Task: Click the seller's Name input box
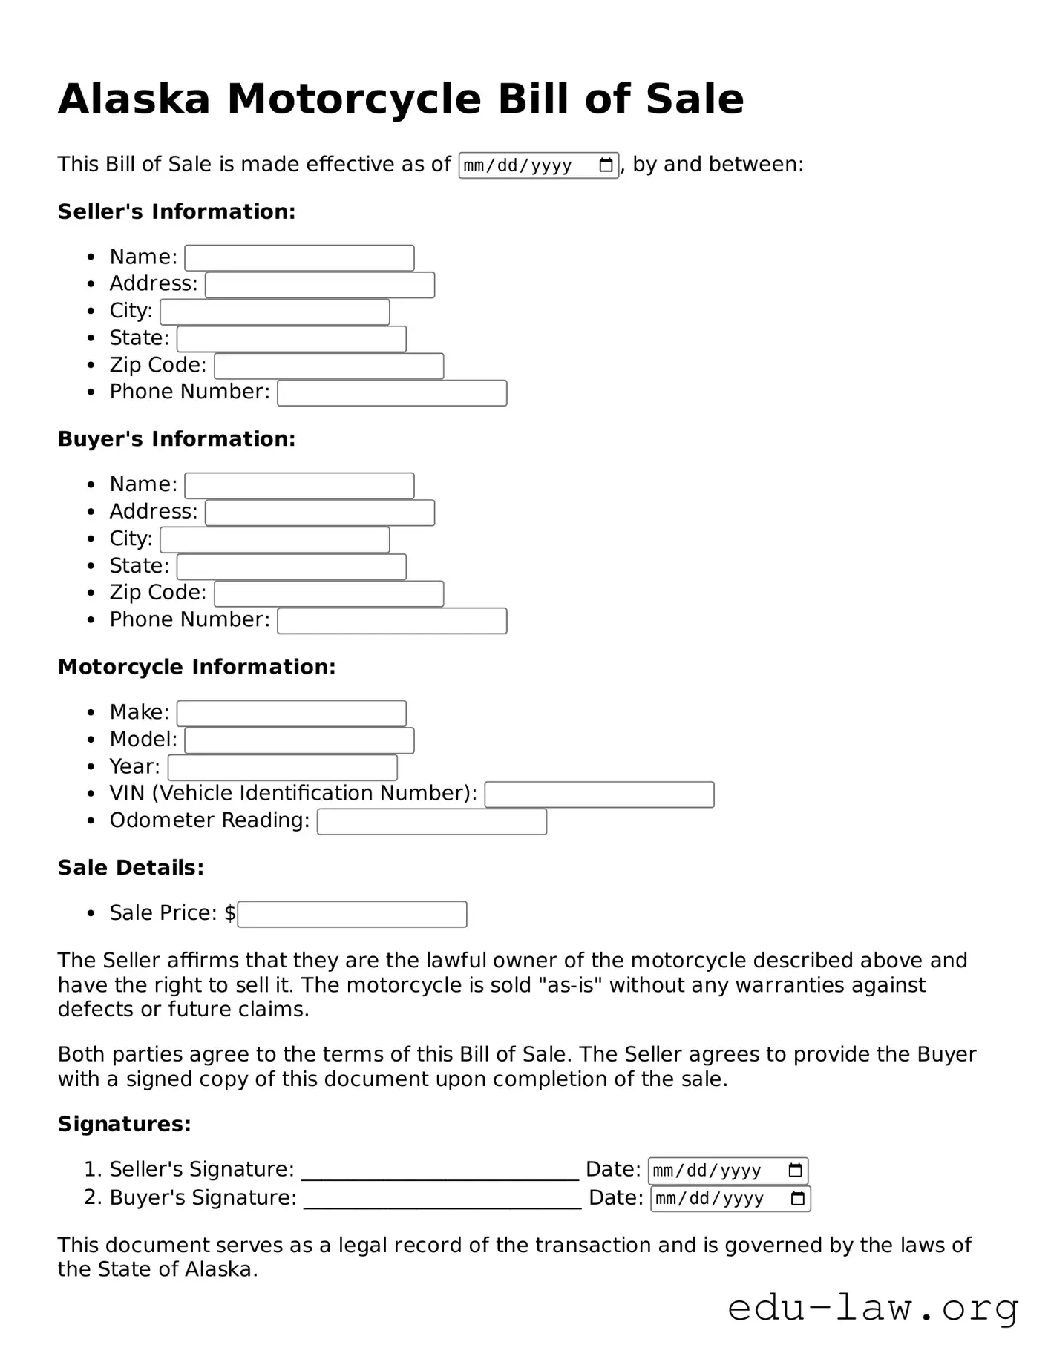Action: coord(299,258)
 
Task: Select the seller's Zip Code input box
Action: coord(329,366)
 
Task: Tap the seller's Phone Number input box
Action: coord(392,393)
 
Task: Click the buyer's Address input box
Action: coord(320,513)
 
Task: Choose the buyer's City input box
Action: coord(275,540)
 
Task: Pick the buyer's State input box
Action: coord(292,567)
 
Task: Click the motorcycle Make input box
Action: coord(292,714)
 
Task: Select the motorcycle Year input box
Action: coord(283,768)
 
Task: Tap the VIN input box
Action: coord(599,794)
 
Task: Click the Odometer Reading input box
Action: coord(432,822)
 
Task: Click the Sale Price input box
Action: coord(352,915)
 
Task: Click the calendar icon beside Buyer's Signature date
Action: coord(798,1199)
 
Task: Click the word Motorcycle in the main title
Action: coord(355,99)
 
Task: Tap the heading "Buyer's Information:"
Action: coord(177,439)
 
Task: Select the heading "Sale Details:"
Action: coord(131,868)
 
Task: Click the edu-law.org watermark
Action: coord(873,1309)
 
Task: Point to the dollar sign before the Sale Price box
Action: coord(230,913)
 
